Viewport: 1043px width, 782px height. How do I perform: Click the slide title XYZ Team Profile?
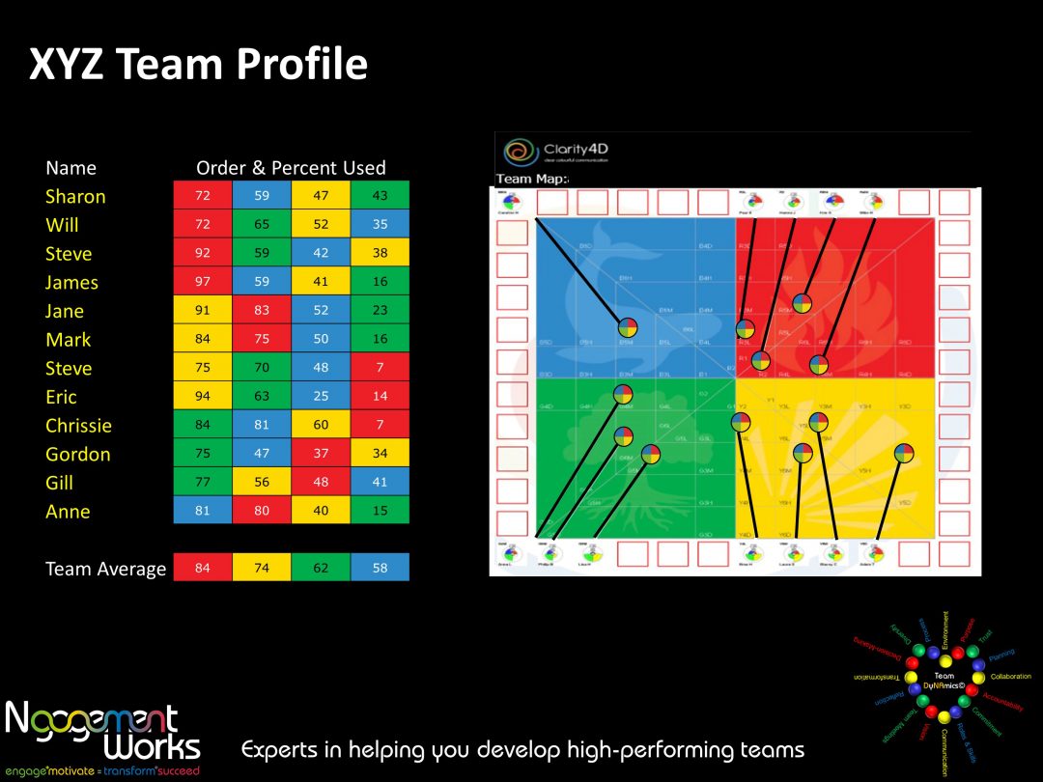click(198, 64)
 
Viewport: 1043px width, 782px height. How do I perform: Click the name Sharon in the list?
click(75, 196)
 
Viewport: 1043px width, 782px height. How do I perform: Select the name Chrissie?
click(78, 426)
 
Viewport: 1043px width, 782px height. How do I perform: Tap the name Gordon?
click(77, 454)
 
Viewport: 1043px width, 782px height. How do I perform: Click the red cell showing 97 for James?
click(203, 282)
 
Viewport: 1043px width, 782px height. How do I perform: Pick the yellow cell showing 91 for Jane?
click(203, 311)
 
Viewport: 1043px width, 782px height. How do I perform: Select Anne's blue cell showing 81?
click(203, 511)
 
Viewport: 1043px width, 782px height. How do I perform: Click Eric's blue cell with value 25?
click(321, 397)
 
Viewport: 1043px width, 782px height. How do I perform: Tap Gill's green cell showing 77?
click(203, 482)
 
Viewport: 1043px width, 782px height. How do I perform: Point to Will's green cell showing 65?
click(262, 225)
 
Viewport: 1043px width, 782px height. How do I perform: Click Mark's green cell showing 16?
click(380, 339)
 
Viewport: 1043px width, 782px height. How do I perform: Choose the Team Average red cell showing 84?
click(203, 568)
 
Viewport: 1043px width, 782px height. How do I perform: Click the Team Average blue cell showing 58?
click(380, 568)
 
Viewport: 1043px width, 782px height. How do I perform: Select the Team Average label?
click(105, 569)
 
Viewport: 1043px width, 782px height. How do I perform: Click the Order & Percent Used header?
click(291, 168)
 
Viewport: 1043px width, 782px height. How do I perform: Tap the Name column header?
click(70, 168)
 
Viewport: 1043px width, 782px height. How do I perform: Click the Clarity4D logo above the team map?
click(555, 152)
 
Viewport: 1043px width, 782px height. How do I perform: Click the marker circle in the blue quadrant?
click(627, 327)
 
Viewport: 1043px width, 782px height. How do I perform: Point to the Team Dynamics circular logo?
click(943, 680)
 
